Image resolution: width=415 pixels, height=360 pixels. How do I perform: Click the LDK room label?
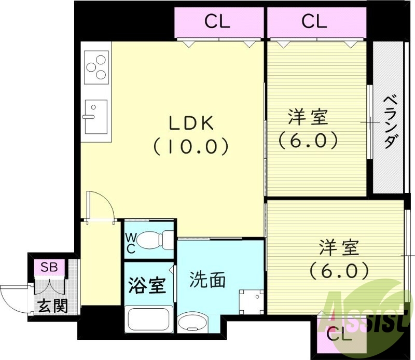[190, 123]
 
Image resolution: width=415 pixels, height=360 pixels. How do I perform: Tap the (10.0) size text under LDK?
[190, 147]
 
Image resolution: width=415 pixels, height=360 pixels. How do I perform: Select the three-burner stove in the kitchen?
[96, 67]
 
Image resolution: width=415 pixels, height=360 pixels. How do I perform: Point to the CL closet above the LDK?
[217, 22]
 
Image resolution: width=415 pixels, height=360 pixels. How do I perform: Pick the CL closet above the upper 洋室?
[314, 22]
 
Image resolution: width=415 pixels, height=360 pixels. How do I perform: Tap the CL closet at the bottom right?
[340, 335]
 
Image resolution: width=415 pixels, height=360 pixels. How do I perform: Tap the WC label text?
[131, 242]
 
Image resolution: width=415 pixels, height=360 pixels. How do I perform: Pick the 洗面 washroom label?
[207, 280]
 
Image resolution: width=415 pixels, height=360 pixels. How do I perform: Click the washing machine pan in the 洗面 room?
[248, 301]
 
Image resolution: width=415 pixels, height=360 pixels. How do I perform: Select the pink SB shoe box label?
[49, 268]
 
